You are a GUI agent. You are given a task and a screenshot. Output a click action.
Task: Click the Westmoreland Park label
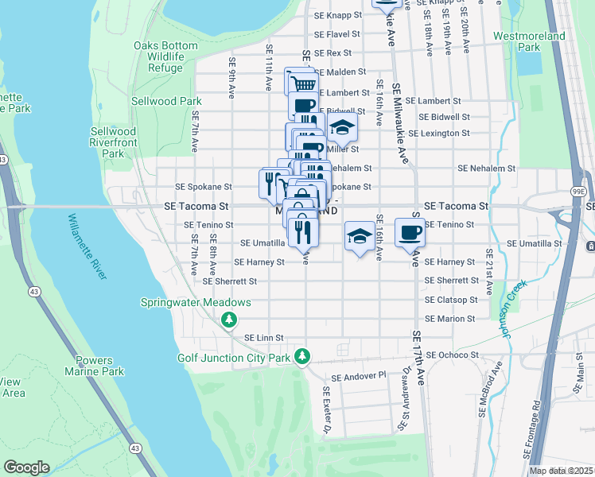point(529,41)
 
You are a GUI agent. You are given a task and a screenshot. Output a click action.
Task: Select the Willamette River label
point(87,246)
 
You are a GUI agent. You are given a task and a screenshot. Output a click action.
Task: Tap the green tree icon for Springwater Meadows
point(229,320)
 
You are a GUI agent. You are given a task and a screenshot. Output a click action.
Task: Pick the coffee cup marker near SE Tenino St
point(410,232)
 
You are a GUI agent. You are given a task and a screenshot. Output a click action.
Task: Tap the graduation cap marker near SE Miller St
point(342,127)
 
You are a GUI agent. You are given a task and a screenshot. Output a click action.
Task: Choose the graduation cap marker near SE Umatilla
point(360,236)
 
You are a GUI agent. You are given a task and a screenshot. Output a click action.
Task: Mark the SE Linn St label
point(263,338)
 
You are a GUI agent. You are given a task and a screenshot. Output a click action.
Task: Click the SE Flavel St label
point(337,35)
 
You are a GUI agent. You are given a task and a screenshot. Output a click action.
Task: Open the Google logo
point(26,467)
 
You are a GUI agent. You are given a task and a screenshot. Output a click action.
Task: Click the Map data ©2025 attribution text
point(561,471)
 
